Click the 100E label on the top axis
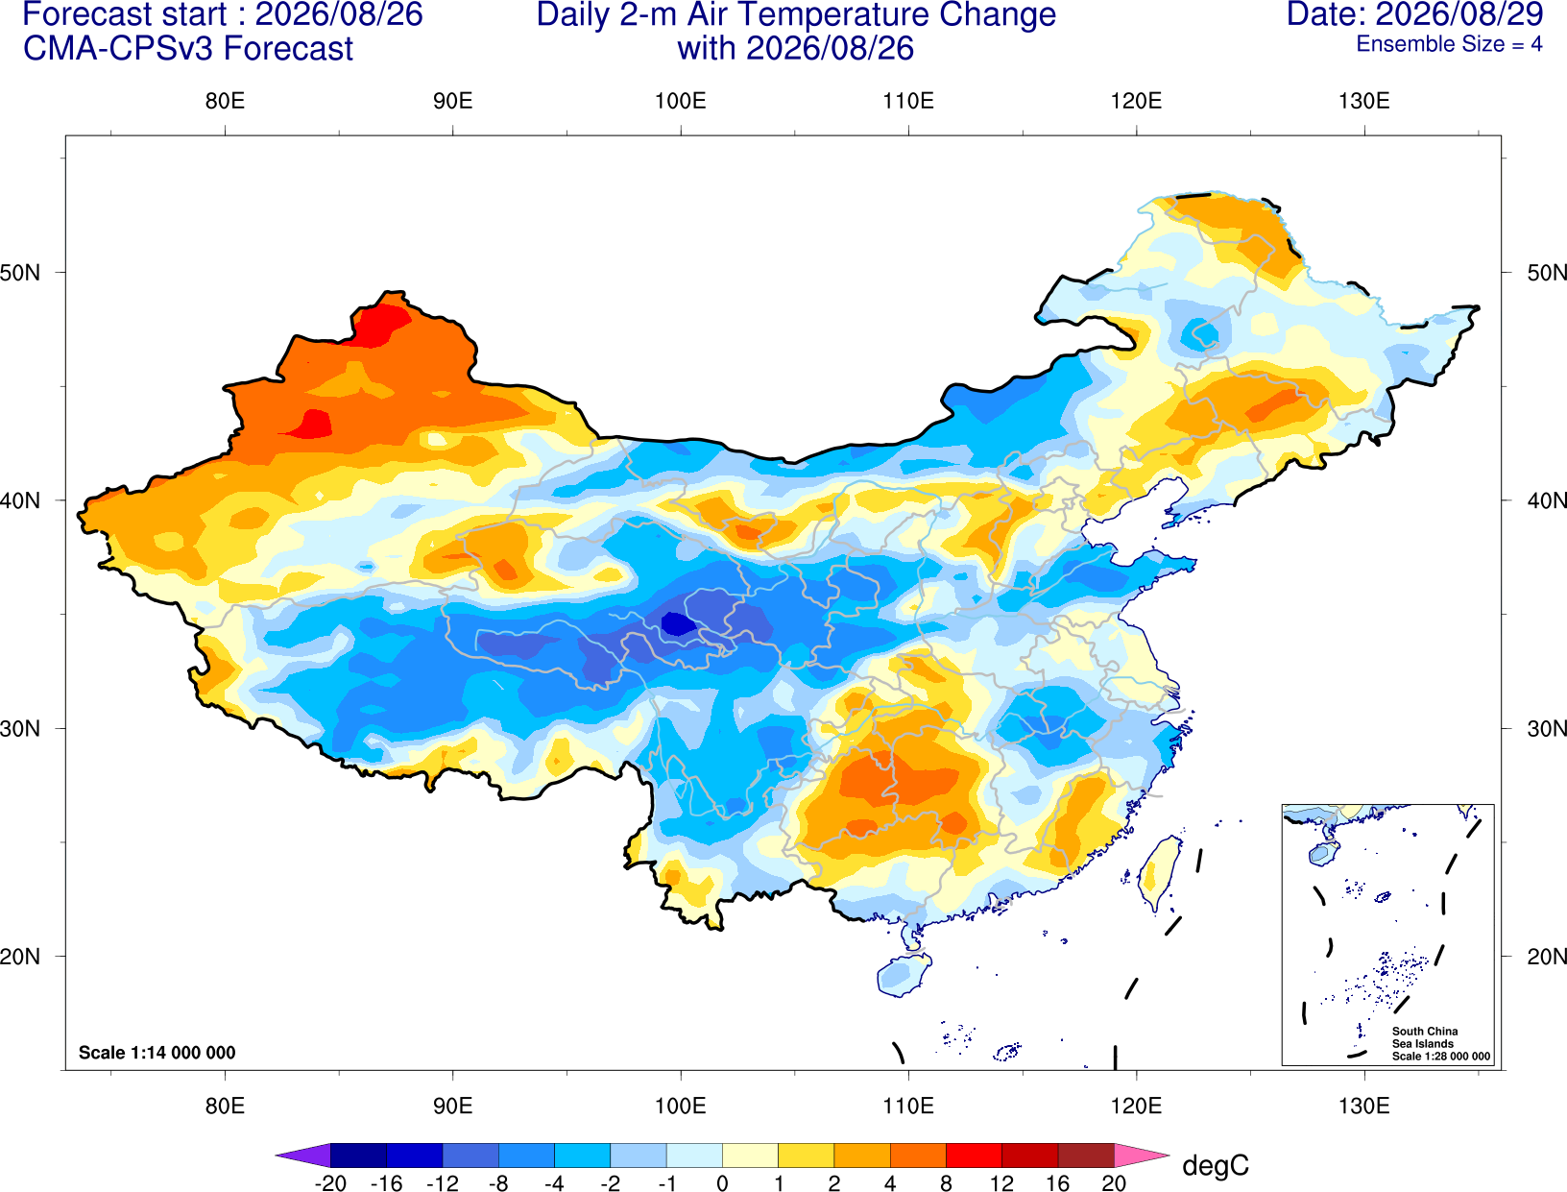click(x=681, y=101)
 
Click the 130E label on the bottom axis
click(x=1363, y=1107)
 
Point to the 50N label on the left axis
click(x=20, y=272)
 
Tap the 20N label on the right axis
click(x=1547, y=957)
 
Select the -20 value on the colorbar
click(x=330, y=1183)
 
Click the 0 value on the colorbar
click(x=722, y=1183)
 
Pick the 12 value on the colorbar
click(x=1001, y=1183)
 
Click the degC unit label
click(x=1215, y=1165)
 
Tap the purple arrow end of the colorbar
click(x=303, y=1155)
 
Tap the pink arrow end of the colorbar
click(x=1142, y=1155)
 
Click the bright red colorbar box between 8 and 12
click(x=974, y=1155)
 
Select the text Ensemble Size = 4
click(x=1449, y=44)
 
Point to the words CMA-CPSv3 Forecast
click(x=188, y=49)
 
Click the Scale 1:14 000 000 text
click(x=157, y=1052)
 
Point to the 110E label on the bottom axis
click(x=908, y=1107)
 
